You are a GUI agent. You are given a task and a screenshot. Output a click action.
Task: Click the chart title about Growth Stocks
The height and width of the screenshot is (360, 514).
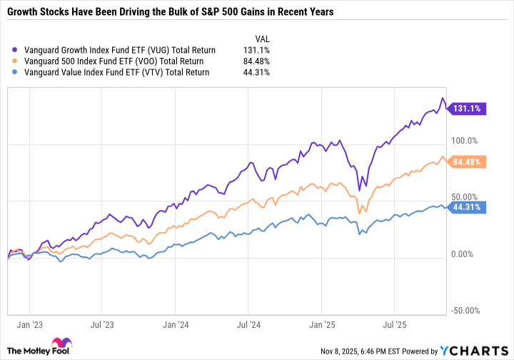click(174, 13)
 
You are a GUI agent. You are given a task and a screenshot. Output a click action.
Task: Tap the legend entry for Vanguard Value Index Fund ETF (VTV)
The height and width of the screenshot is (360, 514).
click(116, 72)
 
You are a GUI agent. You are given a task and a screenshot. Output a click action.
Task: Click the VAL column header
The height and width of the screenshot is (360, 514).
click(262, 39)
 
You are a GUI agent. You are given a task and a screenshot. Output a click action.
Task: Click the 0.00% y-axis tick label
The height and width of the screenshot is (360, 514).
click(465, 254)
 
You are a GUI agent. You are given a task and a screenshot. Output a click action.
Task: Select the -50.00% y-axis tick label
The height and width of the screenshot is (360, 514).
click(466, 311)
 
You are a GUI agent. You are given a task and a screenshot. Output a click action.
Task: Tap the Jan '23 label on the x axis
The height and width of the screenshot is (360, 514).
click(28, 324)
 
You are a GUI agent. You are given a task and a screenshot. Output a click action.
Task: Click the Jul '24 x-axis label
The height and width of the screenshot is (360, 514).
click(247, 324)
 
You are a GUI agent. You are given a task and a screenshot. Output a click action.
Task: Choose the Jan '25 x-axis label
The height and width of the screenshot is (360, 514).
click(321, 324)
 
